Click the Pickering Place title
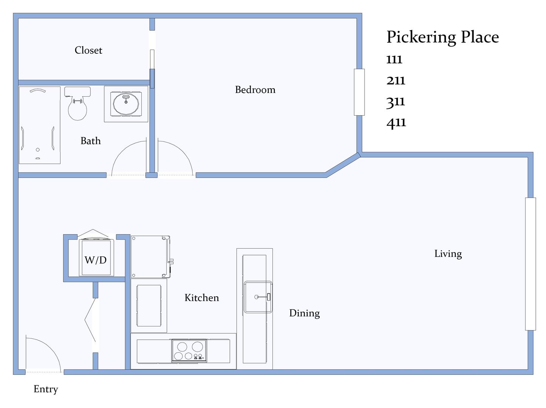click(442, 37)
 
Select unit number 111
click(394, 60)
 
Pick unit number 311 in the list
click(396, 102)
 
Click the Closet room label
click(88, 50)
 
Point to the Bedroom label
click(255, 90)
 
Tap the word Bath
click(91, 141)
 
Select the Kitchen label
click(201, 298)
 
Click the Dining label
click(305, 313)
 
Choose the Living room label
click(448, 254)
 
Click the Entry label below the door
click(46, 389)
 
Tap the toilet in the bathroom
click(77, 104)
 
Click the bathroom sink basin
click(126, 104)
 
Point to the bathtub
click(40, 125)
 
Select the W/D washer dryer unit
click(96, 257)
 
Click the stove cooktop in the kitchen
click(189, 351)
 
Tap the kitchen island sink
click(258, 297)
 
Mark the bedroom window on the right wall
click(359, 92)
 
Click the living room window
click(531, 264)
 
